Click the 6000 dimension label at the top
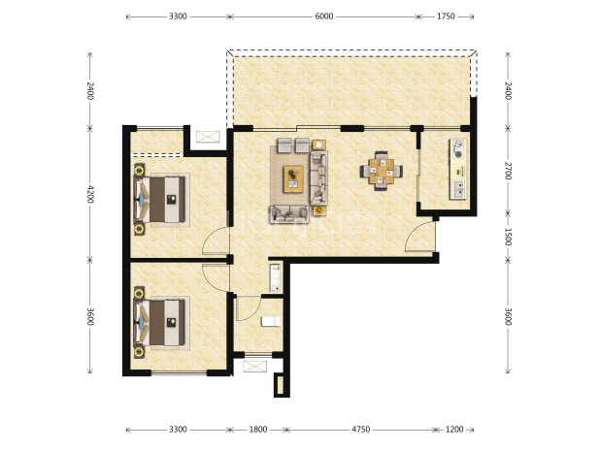click(x=323, y=16)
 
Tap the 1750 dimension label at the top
click(x=446, y=16)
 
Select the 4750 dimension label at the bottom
click(x=361, y=430)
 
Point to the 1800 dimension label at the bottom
click(x=258, y=430)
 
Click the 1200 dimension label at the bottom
click(x=454, y=430)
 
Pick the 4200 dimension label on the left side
click(x=90, y=194)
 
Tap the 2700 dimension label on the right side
click(x=508, y=171)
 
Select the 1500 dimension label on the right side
click(x=508, y=237)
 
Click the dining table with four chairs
click(x=382, y=171)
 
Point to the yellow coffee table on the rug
click(x=293, y=179)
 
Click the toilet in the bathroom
click(x=271, y=321)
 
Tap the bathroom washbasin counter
click(x=276, y=277)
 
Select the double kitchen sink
click(x=458, y=189)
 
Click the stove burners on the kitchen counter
click(x=458, y=149)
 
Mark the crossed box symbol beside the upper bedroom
click(x=208, y=137)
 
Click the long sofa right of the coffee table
click(x=318, y=177)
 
